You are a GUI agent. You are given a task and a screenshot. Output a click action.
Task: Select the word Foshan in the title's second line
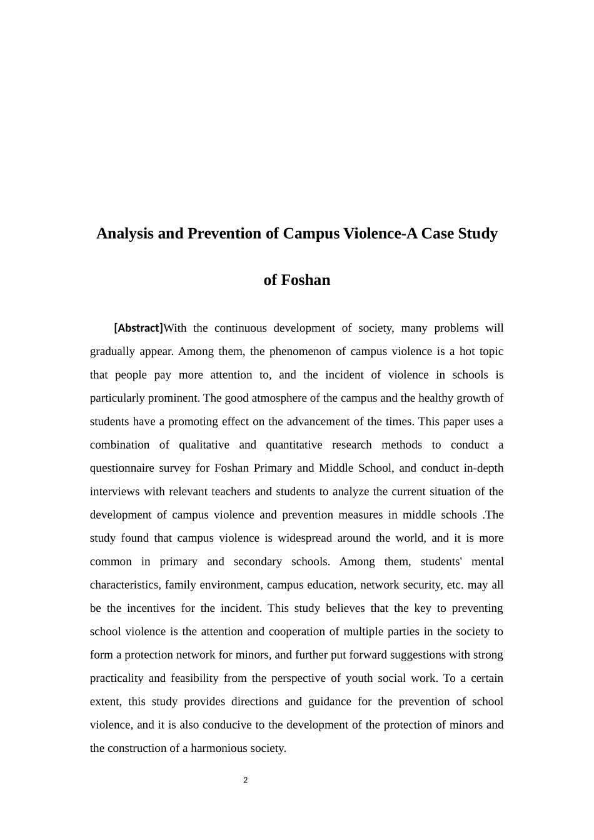306,280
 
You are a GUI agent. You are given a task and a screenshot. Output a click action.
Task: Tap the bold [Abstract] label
138,328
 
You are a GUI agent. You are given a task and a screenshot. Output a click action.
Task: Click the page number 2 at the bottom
246,780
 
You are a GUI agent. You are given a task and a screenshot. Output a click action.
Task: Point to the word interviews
115,491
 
